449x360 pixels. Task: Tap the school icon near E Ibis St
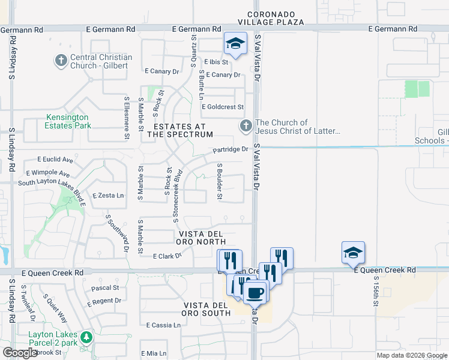[235, 44]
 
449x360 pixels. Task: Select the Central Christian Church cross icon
[61, 60]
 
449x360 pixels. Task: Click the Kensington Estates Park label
[67, 121]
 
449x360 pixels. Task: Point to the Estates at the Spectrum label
[179, 130]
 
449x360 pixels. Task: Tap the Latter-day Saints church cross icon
[245, 126]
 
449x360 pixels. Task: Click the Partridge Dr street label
[229, 149]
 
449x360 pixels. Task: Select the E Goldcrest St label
[222, 107]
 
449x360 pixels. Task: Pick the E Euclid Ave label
[55, 160]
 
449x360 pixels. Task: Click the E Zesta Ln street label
[108, 196]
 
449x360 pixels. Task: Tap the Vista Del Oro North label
[200, 238]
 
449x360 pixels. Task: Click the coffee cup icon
[255, 292]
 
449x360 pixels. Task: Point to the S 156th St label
[376, 291]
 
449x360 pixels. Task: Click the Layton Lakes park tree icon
[86, 337]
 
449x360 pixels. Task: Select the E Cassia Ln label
[163, 325]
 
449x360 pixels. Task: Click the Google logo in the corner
[20, 353]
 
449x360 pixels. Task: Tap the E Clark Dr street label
[167, 256]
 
